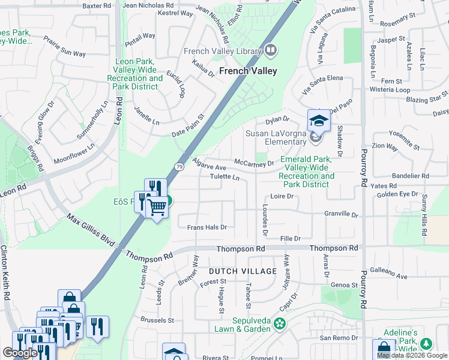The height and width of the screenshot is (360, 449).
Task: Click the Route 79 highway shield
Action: click(179, 167)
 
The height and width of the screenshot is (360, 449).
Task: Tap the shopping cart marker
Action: click(157, 207)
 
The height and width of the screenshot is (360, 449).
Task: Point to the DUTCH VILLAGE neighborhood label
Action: click(243, 271)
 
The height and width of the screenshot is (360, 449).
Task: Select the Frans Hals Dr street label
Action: click(206, 227)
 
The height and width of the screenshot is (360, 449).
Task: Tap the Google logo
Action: click(20, 353)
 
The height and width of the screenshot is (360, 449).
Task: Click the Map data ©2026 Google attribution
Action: click(412, 355)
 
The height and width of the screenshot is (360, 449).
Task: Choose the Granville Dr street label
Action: click(340, 214)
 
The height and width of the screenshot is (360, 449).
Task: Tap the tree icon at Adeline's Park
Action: click(427, 344)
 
